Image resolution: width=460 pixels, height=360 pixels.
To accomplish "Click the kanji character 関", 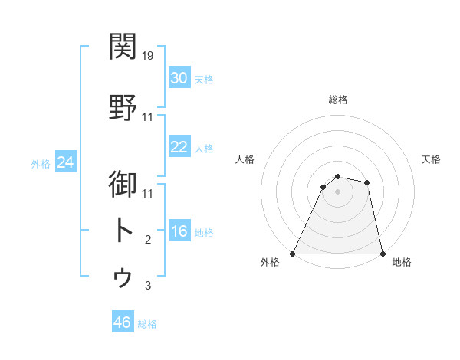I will click(x=123, y=47).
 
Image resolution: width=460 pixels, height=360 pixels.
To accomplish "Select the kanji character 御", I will click(x=123, y=186).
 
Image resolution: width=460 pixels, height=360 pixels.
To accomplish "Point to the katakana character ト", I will click(x=123, y=231).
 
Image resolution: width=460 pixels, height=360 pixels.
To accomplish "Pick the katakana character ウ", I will click(x=123, y=277).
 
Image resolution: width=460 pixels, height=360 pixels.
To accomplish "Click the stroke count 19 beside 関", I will click(x=149, y=56).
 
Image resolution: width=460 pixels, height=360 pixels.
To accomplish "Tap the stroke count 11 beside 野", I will click(x=149, y=117).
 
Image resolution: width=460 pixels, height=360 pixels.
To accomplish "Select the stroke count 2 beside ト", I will click(x=148, y=240).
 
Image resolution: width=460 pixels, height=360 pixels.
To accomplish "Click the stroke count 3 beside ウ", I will click(x=148, y=286).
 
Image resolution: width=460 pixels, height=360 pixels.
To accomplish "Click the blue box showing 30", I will click(x=179, y=78).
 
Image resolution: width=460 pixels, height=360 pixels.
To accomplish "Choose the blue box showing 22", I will click(x=179, y=147).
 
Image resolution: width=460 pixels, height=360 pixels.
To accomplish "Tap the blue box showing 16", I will click(x=179, y=231).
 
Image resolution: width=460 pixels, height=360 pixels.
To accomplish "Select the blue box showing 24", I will click(x=66, y=162).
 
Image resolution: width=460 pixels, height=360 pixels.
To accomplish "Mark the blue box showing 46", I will click(x=123, y=322).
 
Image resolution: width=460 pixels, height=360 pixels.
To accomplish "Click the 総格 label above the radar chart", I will click(x=338, y=100).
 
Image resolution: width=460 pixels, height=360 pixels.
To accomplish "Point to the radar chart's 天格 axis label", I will click(x=432, y=159).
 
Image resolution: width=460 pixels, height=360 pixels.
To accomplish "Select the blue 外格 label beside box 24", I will click(x=41, y=163).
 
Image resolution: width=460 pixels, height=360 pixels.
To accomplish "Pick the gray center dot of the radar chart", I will click(x=337, y=191).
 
